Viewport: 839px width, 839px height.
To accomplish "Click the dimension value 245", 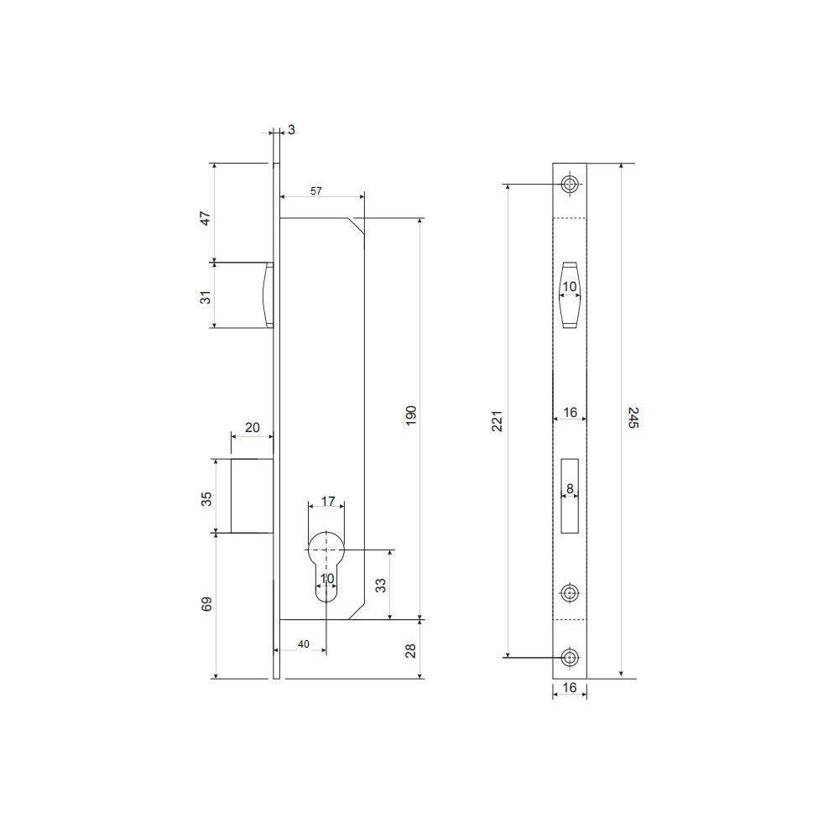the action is click(633, 417).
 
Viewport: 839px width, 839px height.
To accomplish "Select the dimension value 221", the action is click(498, 421).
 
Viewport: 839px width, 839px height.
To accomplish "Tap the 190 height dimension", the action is click(411, 416).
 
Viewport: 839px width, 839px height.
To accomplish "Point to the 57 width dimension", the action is click(316, 191).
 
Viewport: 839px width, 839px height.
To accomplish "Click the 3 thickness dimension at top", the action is click(291, 130).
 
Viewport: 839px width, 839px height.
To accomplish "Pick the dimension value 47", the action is click(206, 218).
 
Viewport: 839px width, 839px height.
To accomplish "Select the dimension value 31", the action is click(206, 298).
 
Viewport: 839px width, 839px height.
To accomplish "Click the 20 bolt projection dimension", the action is click(252, 428).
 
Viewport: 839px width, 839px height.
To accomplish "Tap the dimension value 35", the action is click(206, 498).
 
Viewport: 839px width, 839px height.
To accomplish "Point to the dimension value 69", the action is click(206, 604).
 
